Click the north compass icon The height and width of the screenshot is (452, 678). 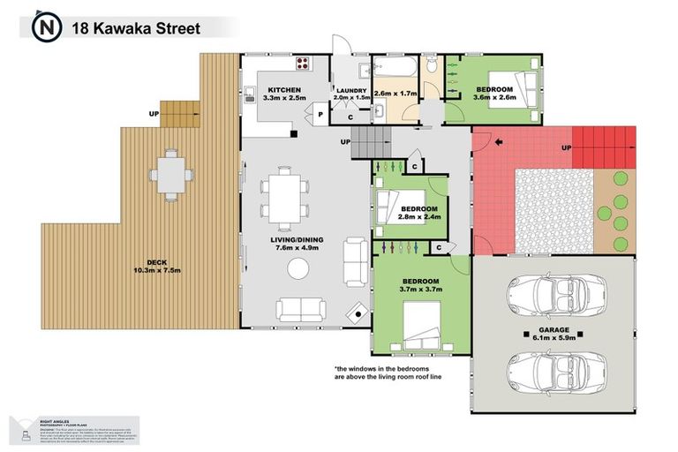pyautogui.click(x=44, y=27)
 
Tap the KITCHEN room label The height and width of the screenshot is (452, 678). pyautogui.click(x=283, y=90)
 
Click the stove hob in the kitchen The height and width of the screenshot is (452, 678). pyautogui.click(x=305, y=64)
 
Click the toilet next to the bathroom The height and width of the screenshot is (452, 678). pyautogui.click(x=430, y=65)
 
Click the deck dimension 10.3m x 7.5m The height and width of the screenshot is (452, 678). pyautogui.click(x=157, y=270)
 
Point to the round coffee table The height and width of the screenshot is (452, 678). pyautogui.click(x=300, y=270)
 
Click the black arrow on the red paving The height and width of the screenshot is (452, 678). pyautogui.click(x=499, y=141)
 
